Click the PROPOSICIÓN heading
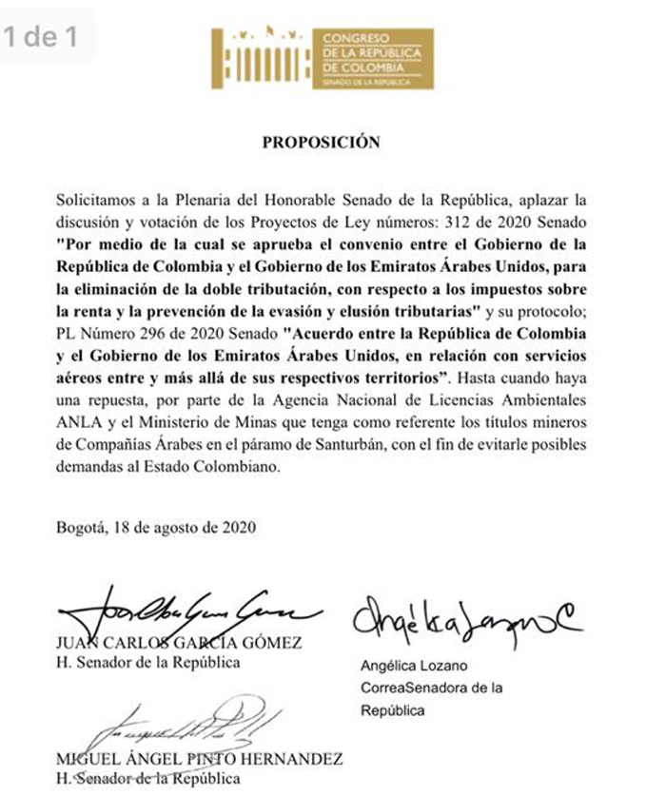321,143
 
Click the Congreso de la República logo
322,59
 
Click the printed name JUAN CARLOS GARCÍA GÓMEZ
180,643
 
